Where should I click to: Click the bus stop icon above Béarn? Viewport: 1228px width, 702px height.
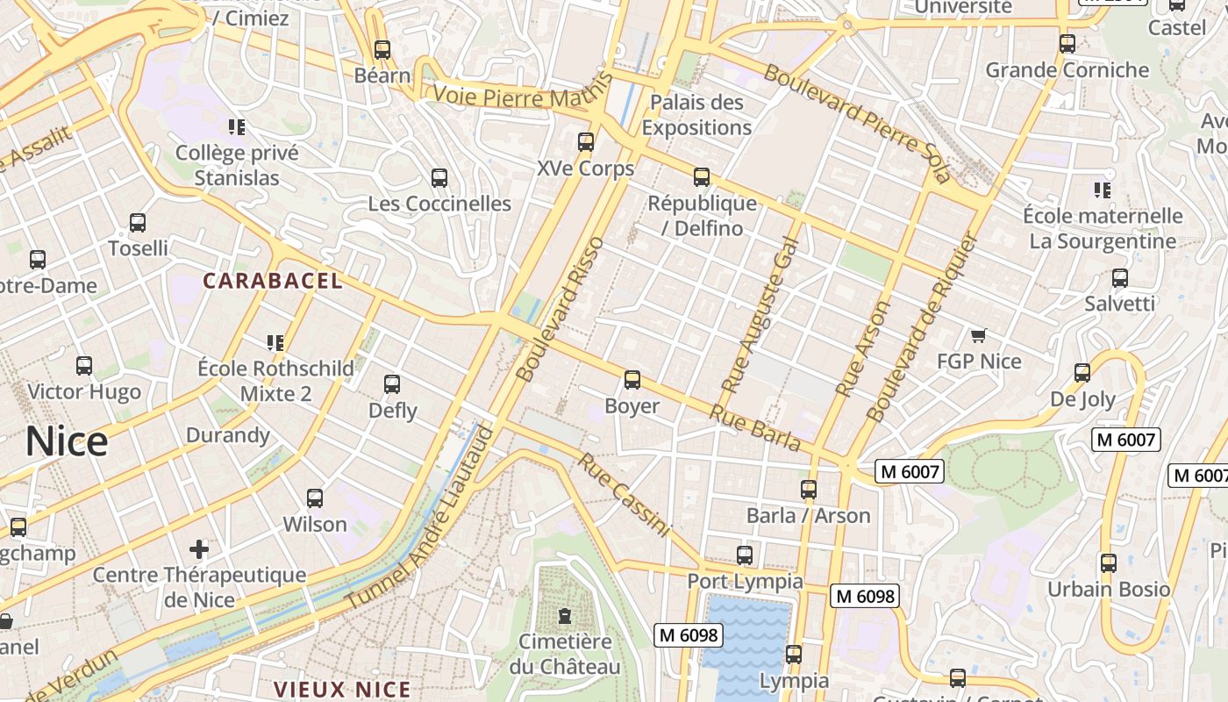pos(382,49)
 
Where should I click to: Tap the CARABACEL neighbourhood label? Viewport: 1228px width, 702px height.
pos(273,281)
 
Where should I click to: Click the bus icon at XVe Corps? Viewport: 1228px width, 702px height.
pos(585,141)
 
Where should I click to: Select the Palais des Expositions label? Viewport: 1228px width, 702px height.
pos(696,115)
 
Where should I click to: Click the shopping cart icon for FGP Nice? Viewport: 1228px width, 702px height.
pos(979,335)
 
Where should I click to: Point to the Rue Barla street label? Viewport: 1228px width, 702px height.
pos(755,428)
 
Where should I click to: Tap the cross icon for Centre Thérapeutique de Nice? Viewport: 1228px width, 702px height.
pos(199,549)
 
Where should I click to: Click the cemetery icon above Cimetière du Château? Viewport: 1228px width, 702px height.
pos(564,615)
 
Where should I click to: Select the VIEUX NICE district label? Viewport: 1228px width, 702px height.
pos(342,689)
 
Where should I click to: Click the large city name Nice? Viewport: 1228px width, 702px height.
pos(67,441)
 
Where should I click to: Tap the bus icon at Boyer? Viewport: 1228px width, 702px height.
pos(632,380)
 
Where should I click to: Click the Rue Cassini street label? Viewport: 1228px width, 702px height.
pos(624,495)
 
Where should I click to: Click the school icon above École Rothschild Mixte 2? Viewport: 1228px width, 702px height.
pos(275,342)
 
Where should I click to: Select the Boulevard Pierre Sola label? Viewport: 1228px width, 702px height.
pos(856,123)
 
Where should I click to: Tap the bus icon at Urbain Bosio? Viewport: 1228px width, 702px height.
pos(1109,562)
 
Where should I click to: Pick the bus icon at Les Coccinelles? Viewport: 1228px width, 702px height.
pos(439,178)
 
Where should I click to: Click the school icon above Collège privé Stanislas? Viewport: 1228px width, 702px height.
pos(236,127)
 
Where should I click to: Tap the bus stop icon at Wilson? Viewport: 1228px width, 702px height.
pos(315,498)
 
